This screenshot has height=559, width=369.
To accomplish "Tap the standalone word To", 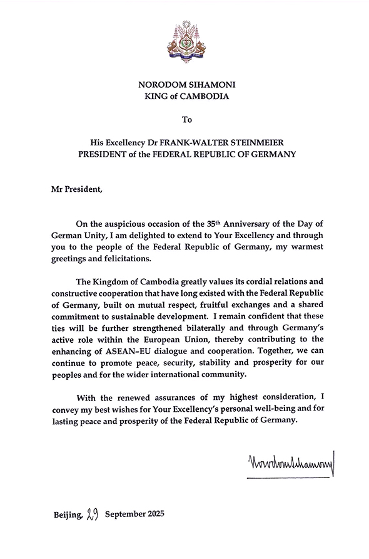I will click(184, 118).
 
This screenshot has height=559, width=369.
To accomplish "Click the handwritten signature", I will click(291, 464).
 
